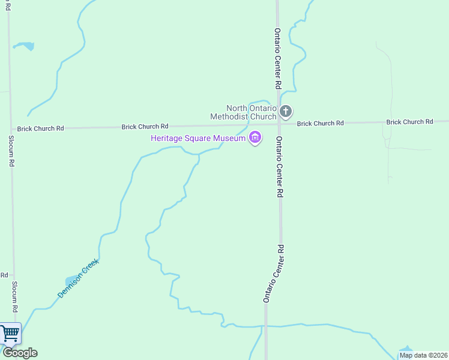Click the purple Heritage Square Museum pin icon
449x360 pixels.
[255, 138]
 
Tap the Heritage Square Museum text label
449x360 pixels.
[198, 139]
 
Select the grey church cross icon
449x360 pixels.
[286, 111]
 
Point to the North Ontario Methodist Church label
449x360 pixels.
[243, 112]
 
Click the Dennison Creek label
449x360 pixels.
[77, 278]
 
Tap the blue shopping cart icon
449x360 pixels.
[10, 334]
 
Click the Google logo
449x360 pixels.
[19, 353]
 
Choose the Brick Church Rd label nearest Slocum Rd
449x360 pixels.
[40, 128]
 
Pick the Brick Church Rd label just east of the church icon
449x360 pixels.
[320, 123]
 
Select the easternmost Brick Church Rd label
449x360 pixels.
[409, 122]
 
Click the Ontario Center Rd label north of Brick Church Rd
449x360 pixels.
[278, 59]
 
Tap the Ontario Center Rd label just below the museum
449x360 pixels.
[279, 167]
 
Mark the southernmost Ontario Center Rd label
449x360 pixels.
[274, 273]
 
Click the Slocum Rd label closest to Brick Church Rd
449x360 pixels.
[11, 150]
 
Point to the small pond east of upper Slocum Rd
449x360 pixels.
[24, 46]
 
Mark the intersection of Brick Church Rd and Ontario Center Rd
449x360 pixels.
[279, 124]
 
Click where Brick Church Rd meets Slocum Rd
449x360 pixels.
[10, 129]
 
